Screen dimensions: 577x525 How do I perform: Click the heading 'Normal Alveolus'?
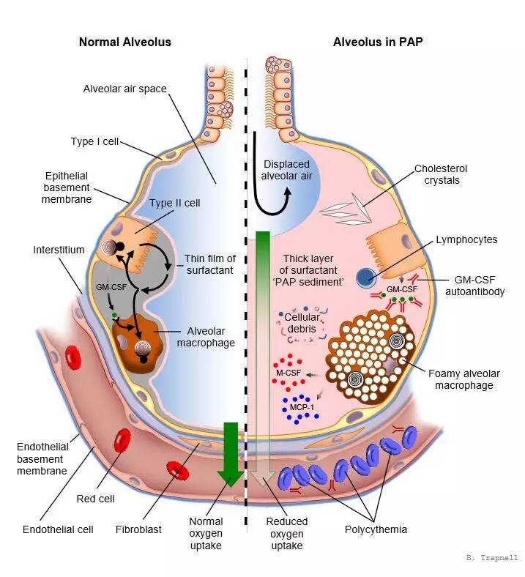click(124, 42)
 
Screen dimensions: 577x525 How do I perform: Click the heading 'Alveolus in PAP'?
click(378, 42)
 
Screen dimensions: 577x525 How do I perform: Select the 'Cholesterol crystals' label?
click(441, 174)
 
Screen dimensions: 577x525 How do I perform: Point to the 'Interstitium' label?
click(59, 250)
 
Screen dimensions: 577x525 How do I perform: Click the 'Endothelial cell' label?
click(59, 529)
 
